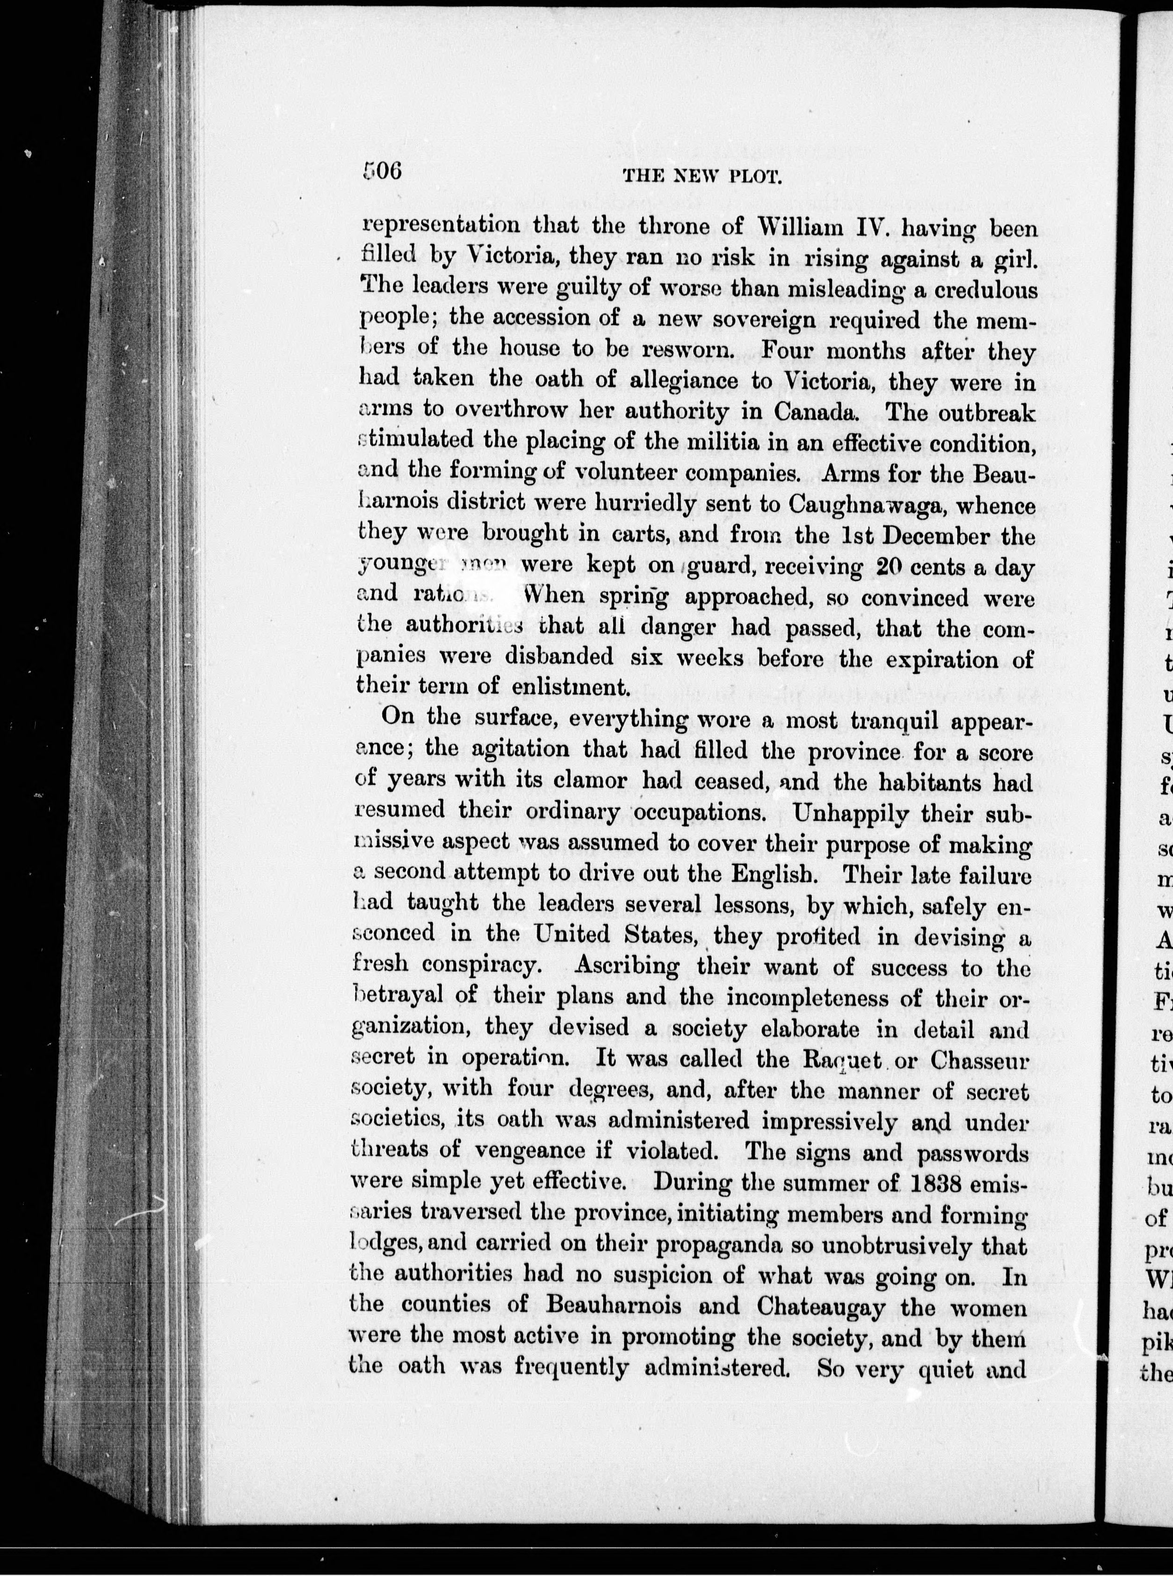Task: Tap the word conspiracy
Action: tap(490, 966)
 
